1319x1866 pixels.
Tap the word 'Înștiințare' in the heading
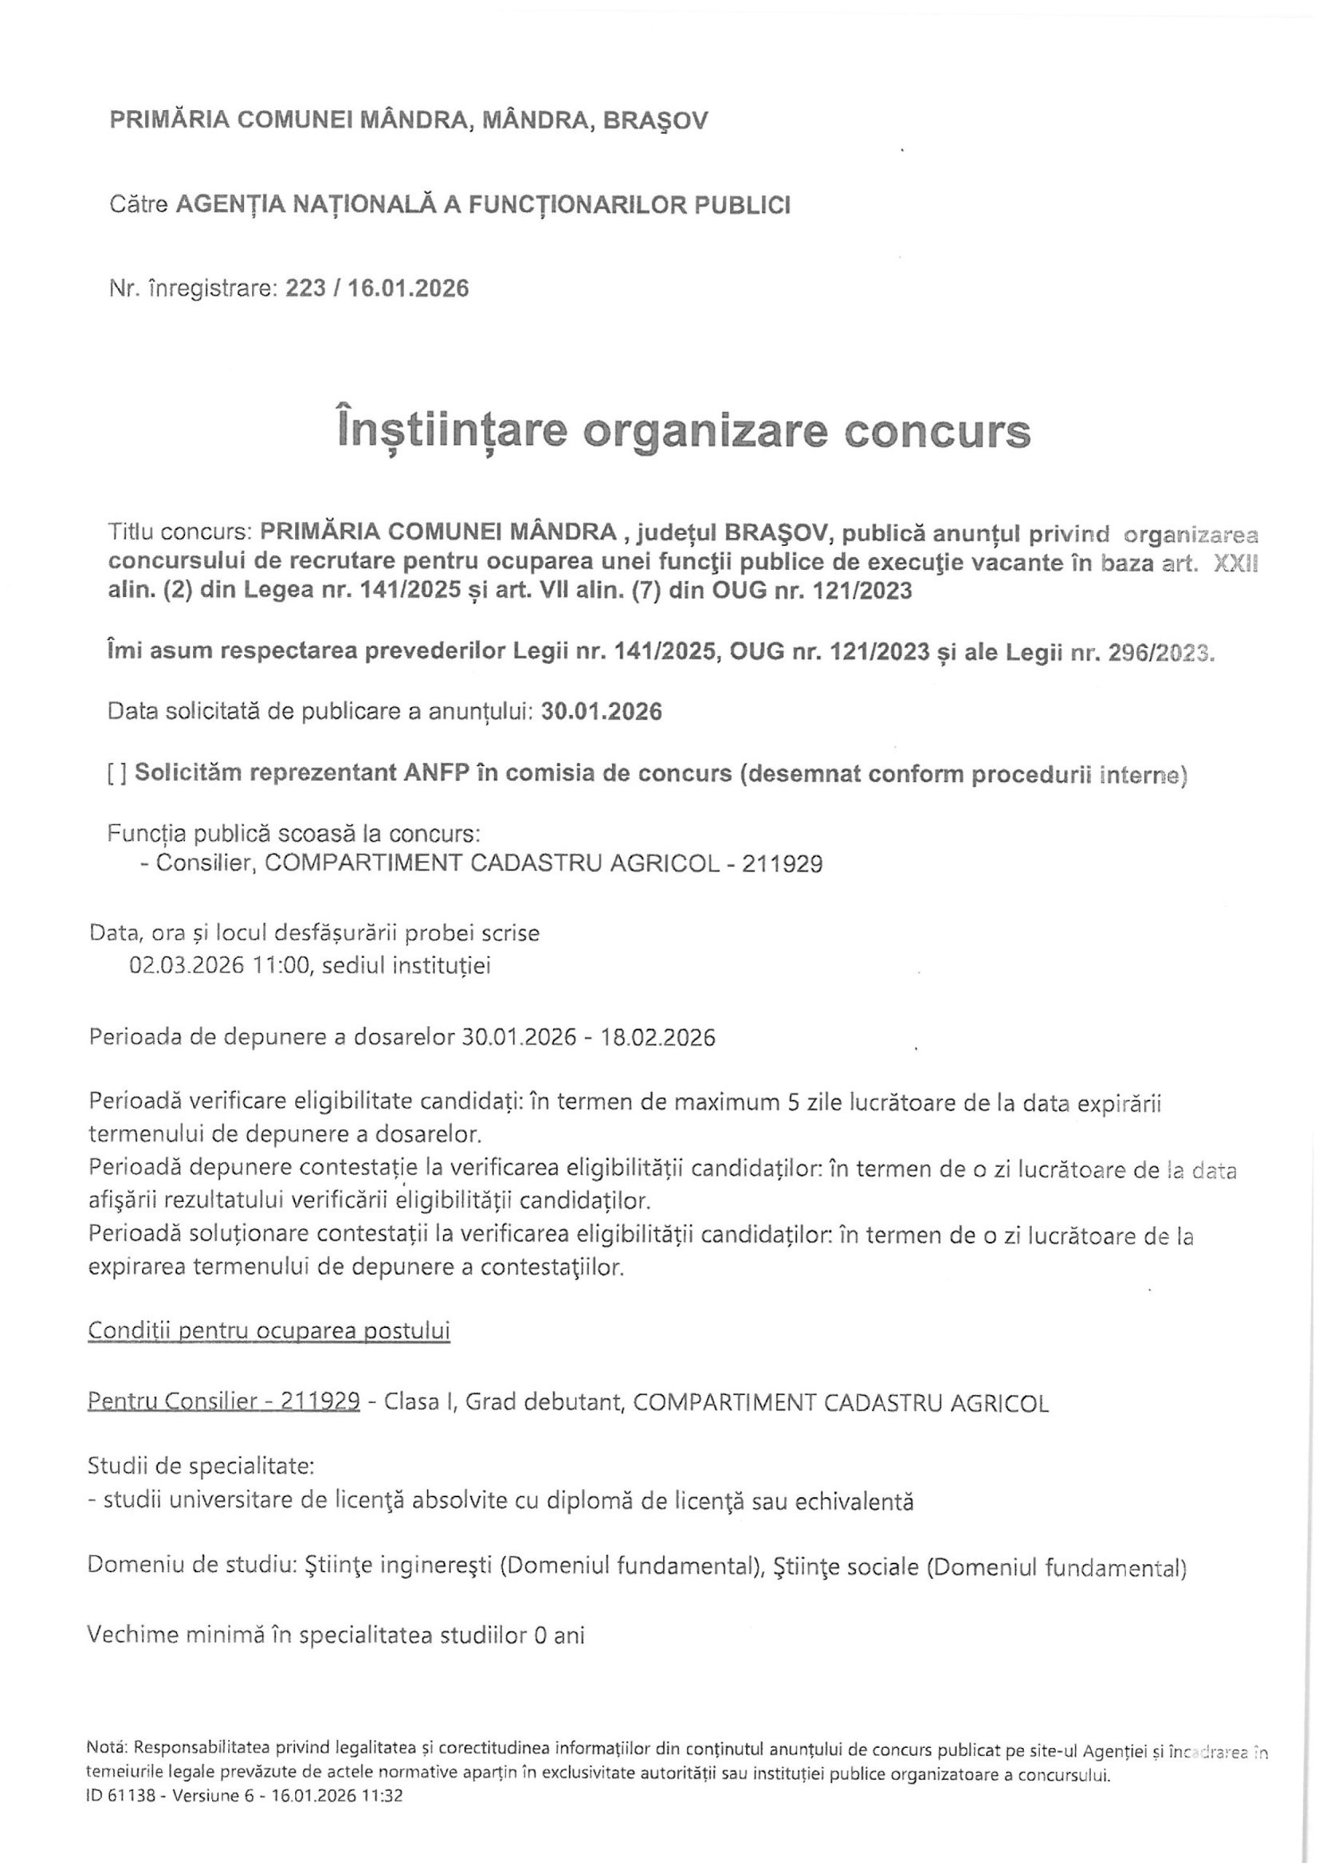coord(451,432)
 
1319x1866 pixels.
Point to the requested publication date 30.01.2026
coord(601,712)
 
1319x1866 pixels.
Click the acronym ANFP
coord(437,773)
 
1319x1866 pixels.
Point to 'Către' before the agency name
coord(138,204)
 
